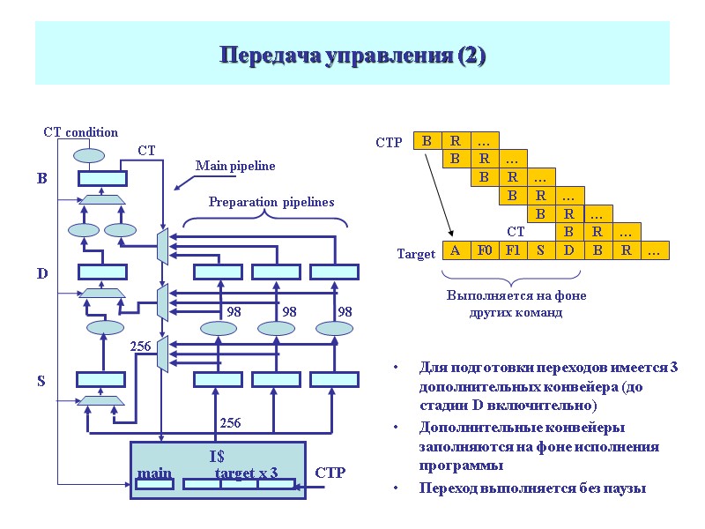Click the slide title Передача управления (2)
click(x=352, y=56)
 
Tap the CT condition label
click(x=80, y=132)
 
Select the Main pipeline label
click(x=235, y=166)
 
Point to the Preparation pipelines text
click(x=271, y=202)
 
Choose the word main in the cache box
click(x=154, y=474)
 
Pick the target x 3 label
click(x=247, y=474)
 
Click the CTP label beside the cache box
click(x=330, y=473)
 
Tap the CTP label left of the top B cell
click(x=389, y=142)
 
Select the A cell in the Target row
click(x=456, y=250)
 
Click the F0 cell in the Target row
click(x=484, y=250)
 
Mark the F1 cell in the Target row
click(x=512, y=250)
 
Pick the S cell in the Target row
click(x=540, y=250)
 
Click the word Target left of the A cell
click(x=416, y=254)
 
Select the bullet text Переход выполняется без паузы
click(x=532, y=488)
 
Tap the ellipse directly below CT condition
click(x=89, y=156)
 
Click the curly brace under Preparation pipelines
click(x=271, y=219)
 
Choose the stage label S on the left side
click(x=41, y=382)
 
